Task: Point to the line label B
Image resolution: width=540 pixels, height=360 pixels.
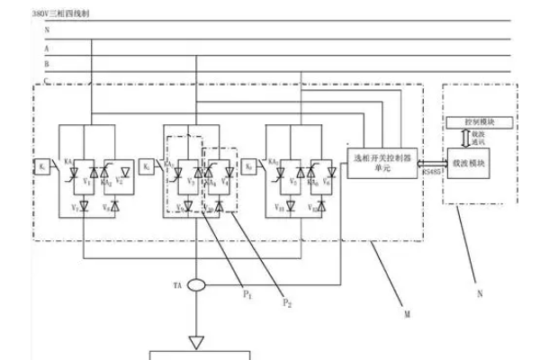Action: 46,65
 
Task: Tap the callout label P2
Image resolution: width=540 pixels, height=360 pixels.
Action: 287,303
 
